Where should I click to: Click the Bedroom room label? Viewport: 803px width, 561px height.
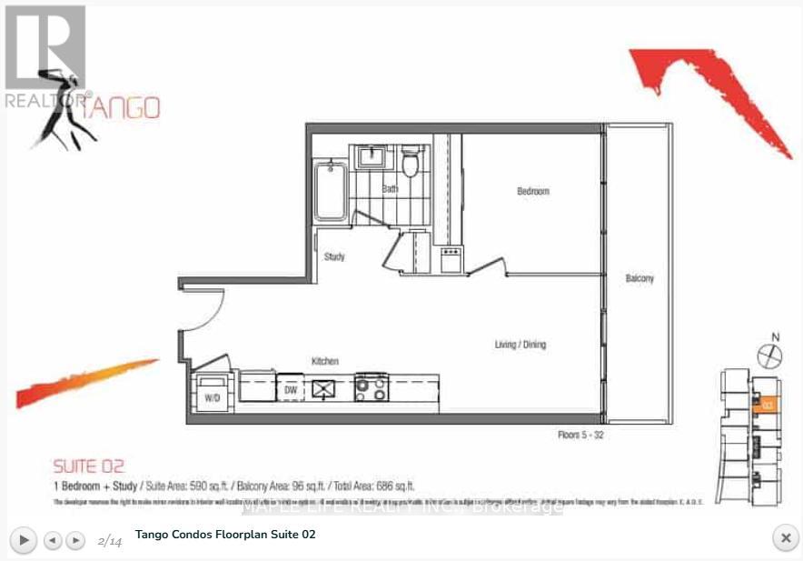533,191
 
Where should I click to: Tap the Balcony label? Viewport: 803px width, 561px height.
639,278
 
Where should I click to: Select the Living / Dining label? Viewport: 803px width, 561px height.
520,345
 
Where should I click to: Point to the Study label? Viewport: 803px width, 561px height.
334,257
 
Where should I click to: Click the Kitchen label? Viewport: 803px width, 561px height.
324,361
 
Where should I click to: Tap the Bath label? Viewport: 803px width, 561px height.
390,189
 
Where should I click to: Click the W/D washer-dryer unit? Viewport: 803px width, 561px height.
214,392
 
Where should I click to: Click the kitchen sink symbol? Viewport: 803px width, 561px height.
324,388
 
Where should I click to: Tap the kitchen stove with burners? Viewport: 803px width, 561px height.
371,388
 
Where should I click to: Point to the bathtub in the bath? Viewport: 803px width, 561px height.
330,190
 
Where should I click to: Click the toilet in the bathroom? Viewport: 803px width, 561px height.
410,163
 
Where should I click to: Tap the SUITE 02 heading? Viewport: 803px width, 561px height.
88,466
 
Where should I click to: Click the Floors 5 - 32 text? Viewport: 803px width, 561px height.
580,436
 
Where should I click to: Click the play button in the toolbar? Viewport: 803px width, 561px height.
25,540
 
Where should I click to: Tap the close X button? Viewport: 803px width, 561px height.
785,537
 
